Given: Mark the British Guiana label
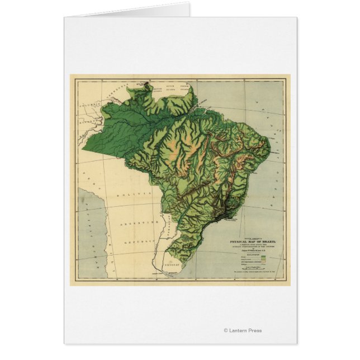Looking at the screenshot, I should (x=155, y=88).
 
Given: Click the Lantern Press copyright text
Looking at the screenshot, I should (x=242, y=330).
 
